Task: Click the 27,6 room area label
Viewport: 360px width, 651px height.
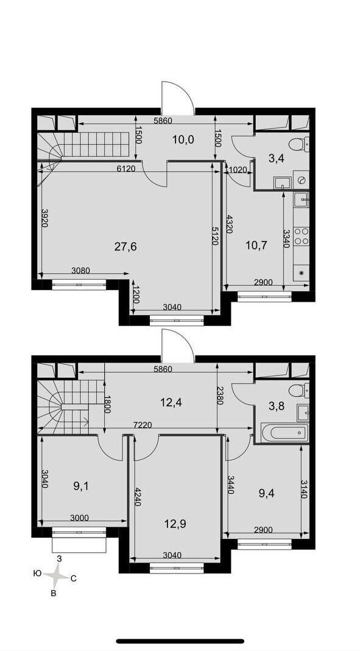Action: click(125, 247)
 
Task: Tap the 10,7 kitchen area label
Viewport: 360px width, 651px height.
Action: click(256, 245)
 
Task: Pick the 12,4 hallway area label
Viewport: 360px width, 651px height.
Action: click(171, 402)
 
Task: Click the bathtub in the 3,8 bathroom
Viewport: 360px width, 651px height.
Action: click(285, 433)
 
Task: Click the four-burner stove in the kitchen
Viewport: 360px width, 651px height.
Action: click(302, 237)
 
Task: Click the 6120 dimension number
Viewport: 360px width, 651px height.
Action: click(126, 169)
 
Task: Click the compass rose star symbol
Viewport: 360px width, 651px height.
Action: click(58, 575)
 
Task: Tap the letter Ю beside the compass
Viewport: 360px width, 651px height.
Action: click(37, 574)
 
